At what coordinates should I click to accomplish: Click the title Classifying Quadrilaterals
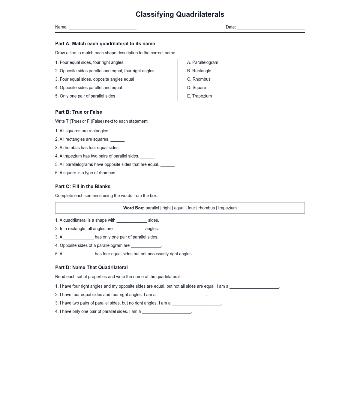tap(180, 14)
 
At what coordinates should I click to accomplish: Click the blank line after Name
tap(103, 27)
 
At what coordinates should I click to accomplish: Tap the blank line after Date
tap(271, 27)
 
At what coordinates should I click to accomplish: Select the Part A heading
tap(105, 44)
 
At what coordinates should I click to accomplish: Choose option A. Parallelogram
tap(202, 62)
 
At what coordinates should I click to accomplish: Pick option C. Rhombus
tap(199, 79)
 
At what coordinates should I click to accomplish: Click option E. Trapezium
tap(199, 96)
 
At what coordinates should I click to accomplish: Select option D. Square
tap(196, 88)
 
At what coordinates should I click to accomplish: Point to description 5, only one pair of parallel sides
tap(85, 96)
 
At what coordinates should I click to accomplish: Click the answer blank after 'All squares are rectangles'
tap(117, 131)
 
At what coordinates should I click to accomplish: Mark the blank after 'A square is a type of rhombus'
tap(124, 173)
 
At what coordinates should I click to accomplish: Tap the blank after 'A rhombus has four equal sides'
tap(128, 148)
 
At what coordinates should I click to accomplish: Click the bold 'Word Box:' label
tap(133, 208)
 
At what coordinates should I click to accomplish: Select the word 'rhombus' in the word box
tap(206, 208)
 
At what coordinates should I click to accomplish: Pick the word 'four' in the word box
tap(191, 208)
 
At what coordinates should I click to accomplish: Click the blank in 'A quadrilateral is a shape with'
tap(132, 221)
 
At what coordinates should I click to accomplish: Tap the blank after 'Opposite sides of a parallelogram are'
tap(146, 246)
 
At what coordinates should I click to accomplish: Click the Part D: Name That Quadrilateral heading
tap(91, 268)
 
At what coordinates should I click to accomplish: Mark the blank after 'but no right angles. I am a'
tap(196, 304)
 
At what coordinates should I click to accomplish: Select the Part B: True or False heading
tap(79, 112)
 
